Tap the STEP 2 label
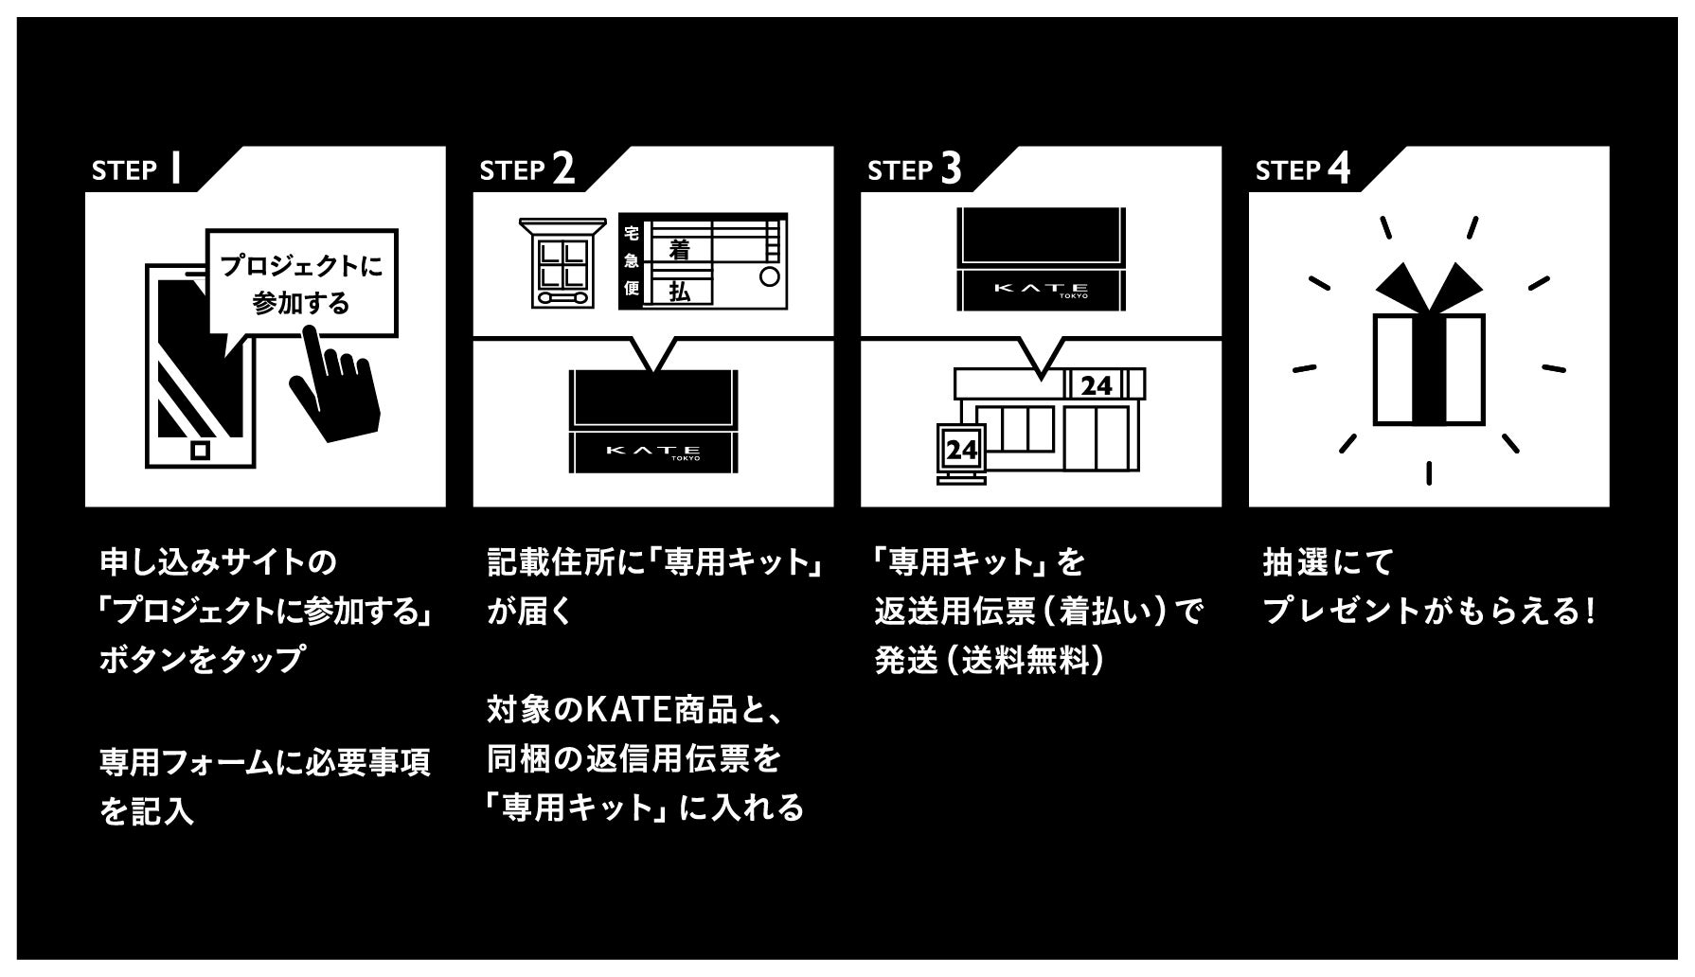(x=526, y=169)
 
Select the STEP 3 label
(x=914, y=169)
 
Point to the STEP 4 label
(x=1302, y=169)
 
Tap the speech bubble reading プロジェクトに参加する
(x=301, y=283)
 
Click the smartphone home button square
(x=200, y=450)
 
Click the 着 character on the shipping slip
(x=678, y=249)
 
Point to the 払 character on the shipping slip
(x=678, y=292)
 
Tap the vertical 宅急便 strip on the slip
(x=631, y=261)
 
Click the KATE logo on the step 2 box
(x=653, y=452)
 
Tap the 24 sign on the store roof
(x=1096, y=385)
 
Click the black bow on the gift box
(x=1428, y=285)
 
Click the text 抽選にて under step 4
(x=1328, y=562)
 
